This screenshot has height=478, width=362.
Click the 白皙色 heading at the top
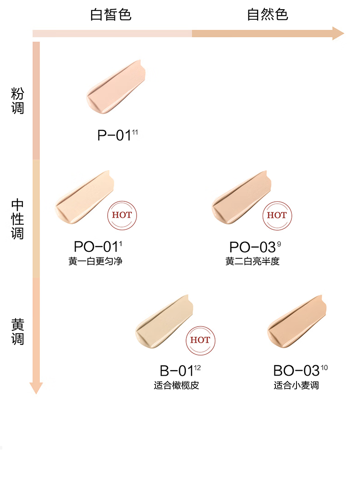[x=110, y=14]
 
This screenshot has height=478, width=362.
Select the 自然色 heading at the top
[x=268, y=14]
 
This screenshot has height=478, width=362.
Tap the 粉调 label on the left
[x=17, y=101]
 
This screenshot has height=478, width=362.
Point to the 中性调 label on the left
[x=17, y=219]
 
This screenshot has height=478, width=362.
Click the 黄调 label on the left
[x=17, y=332]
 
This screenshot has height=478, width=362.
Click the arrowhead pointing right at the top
[x=338, y=33]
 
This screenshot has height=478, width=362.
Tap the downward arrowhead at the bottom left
[x=36, y=388]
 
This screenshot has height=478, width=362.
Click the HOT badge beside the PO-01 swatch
[x=122, y=215]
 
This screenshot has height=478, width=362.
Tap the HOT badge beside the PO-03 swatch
[x=277, y=215]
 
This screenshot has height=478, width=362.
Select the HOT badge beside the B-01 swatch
[x=200, y=340]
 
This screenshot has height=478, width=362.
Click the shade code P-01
[x=115, y=136]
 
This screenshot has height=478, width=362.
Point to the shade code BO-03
[x=296, y=371]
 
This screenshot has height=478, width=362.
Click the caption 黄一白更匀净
[x=95, y=261]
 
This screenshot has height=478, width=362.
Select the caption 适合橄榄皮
[x=176, y=385]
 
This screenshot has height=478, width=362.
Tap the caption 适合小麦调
[x=296, y=385]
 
